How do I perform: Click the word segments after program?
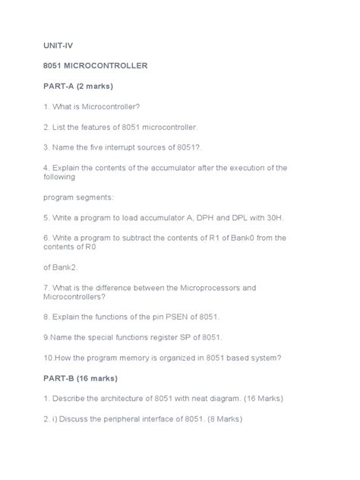pyautogui.click(x=93, y=197)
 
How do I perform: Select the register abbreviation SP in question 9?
pyautogui.click(x=177, y=336)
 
